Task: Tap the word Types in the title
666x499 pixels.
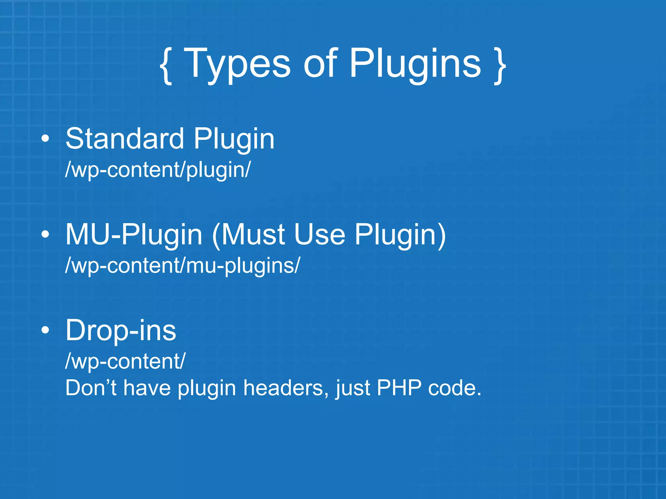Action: click(237, 64)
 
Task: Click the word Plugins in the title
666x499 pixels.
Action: click(415, 64)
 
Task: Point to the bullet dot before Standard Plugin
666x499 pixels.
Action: click(46, 139)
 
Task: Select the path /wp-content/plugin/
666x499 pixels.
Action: click(158, 170)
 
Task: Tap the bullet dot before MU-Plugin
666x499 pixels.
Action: click(46, 234)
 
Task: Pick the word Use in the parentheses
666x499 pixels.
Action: click(319, 235)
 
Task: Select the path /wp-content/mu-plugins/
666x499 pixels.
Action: click(182, 266)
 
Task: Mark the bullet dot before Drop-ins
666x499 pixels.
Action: click(46, 330)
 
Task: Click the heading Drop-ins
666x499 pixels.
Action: click(121, 330)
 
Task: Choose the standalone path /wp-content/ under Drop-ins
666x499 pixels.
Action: click(125, 361)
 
